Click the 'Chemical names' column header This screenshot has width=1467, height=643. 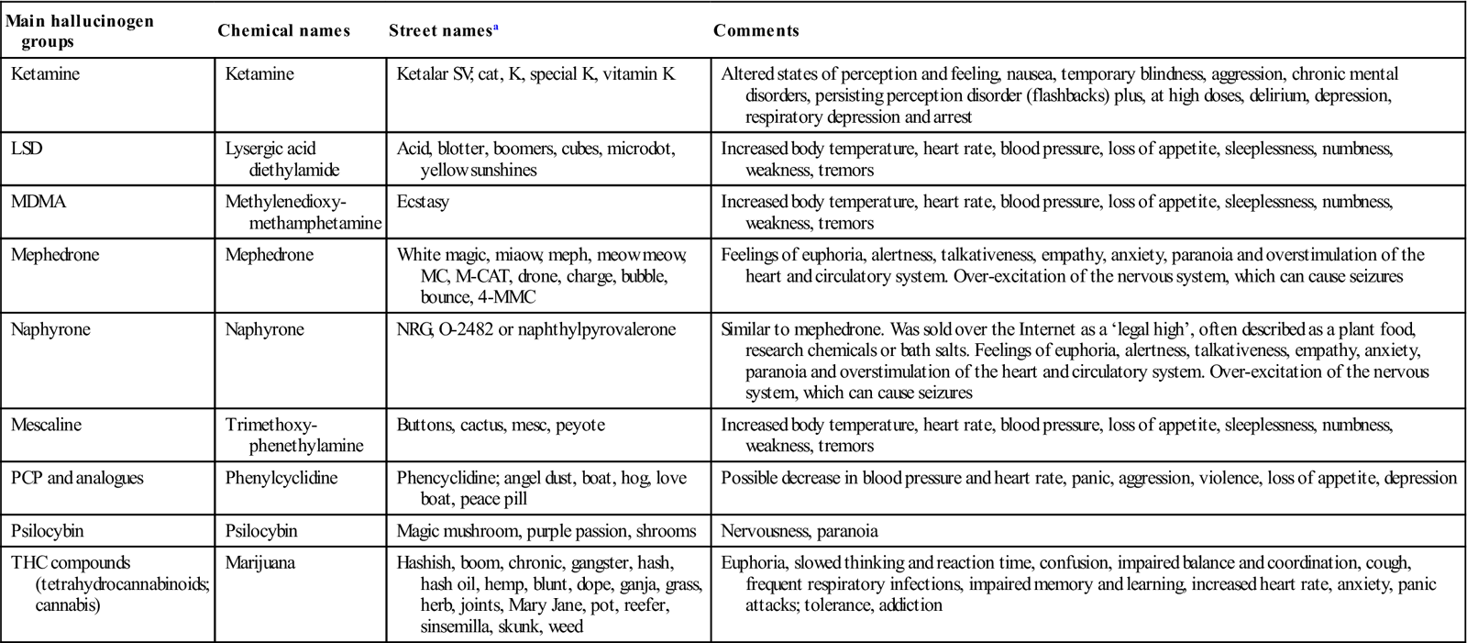(x=283, y=30)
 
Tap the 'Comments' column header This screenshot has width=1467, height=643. (x=756, y=30)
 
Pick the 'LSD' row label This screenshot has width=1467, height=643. (x=27, y=149)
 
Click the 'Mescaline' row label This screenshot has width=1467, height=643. (x=46, y=425)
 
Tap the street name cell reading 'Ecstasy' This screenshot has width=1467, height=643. (x=423, y=202)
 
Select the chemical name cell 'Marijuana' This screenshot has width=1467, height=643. (x=260, y=562)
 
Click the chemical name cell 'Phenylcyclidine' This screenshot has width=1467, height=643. (x=281, y=478)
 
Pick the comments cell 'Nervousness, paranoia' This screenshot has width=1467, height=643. (x=800, y=530)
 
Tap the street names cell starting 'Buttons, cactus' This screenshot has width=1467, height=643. (x=501, y=425)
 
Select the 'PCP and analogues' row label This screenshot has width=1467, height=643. (x=77, y=478)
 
